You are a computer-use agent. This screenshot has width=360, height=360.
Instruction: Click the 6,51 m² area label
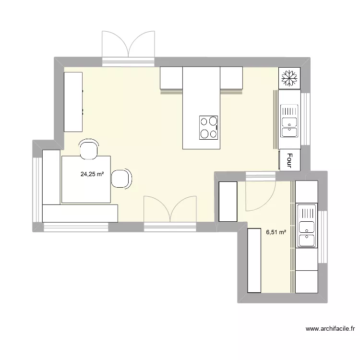coord(276,232)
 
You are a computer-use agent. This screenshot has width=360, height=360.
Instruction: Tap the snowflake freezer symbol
coord(289,77)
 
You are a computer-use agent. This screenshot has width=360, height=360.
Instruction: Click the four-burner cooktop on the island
coord(209,128)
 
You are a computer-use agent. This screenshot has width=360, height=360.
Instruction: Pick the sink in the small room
coord(307,226)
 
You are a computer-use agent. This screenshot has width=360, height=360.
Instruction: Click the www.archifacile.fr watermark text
coord(330,329)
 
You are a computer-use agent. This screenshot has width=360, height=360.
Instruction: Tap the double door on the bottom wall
coord(170,210)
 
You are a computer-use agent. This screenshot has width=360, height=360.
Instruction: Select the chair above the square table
coord(89,149)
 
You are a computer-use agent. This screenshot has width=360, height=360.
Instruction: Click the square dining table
coord(86,179)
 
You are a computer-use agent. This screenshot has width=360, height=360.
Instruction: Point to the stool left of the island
coord(171,78)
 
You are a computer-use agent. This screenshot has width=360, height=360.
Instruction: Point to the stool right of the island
coord(231,78)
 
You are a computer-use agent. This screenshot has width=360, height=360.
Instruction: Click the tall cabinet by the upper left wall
coord(73,101)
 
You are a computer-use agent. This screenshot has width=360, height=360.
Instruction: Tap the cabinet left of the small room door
coord(228,201)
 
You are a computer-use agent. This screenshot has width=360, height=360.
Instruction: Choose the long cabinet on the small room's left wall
coord(254,260)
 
